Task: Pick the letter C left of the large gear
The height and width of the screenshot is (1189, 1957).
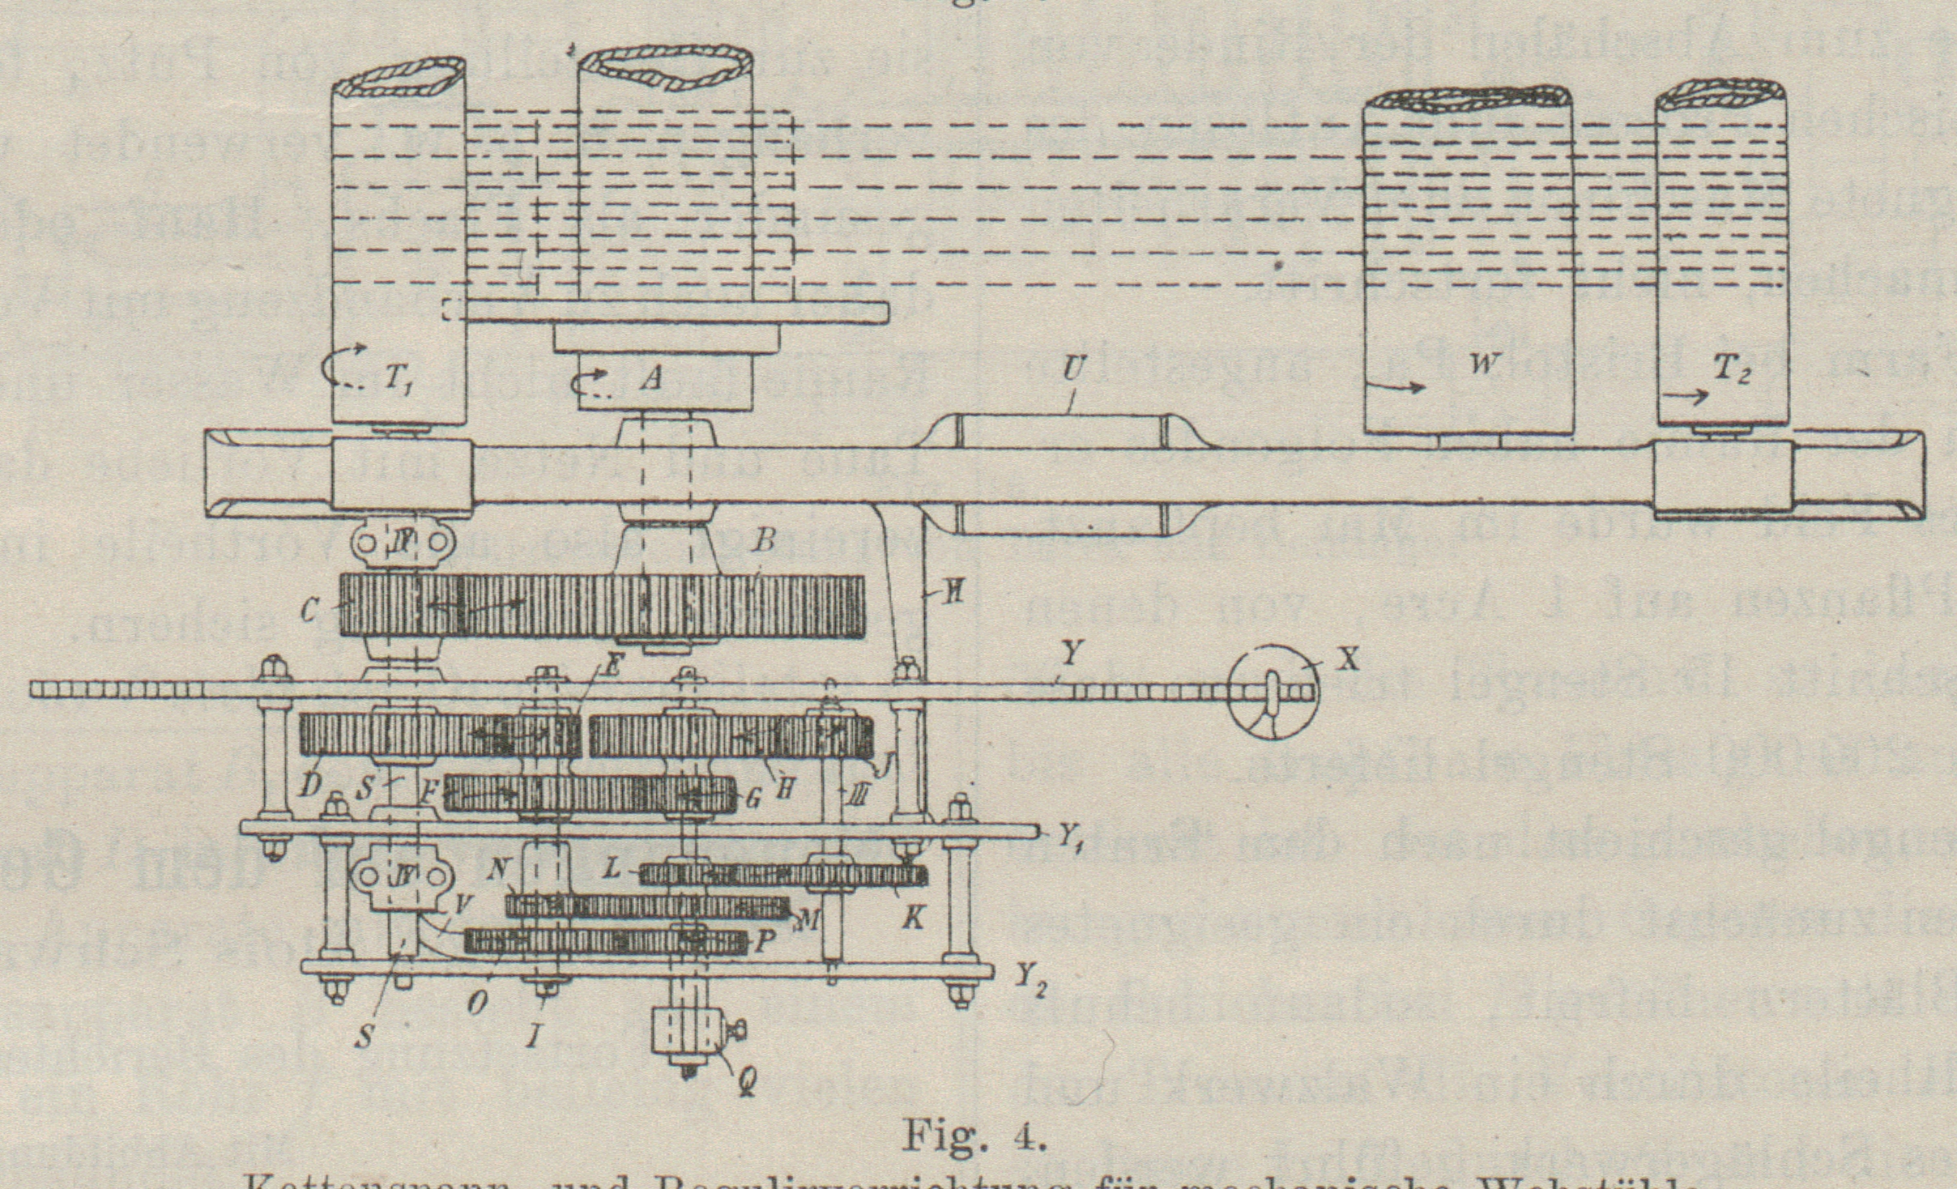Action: (309, 610)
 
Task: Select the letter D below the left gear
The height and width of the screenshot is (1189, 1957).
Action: (311, 785)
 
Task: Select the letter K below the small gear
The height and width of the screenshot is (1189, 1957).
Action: (915, 920)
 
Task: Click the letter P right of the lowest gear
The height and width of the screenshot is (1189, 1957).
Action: (761, 945)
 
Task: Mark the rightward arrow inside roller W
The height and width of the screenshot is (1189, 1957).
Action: (1406, 387)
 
